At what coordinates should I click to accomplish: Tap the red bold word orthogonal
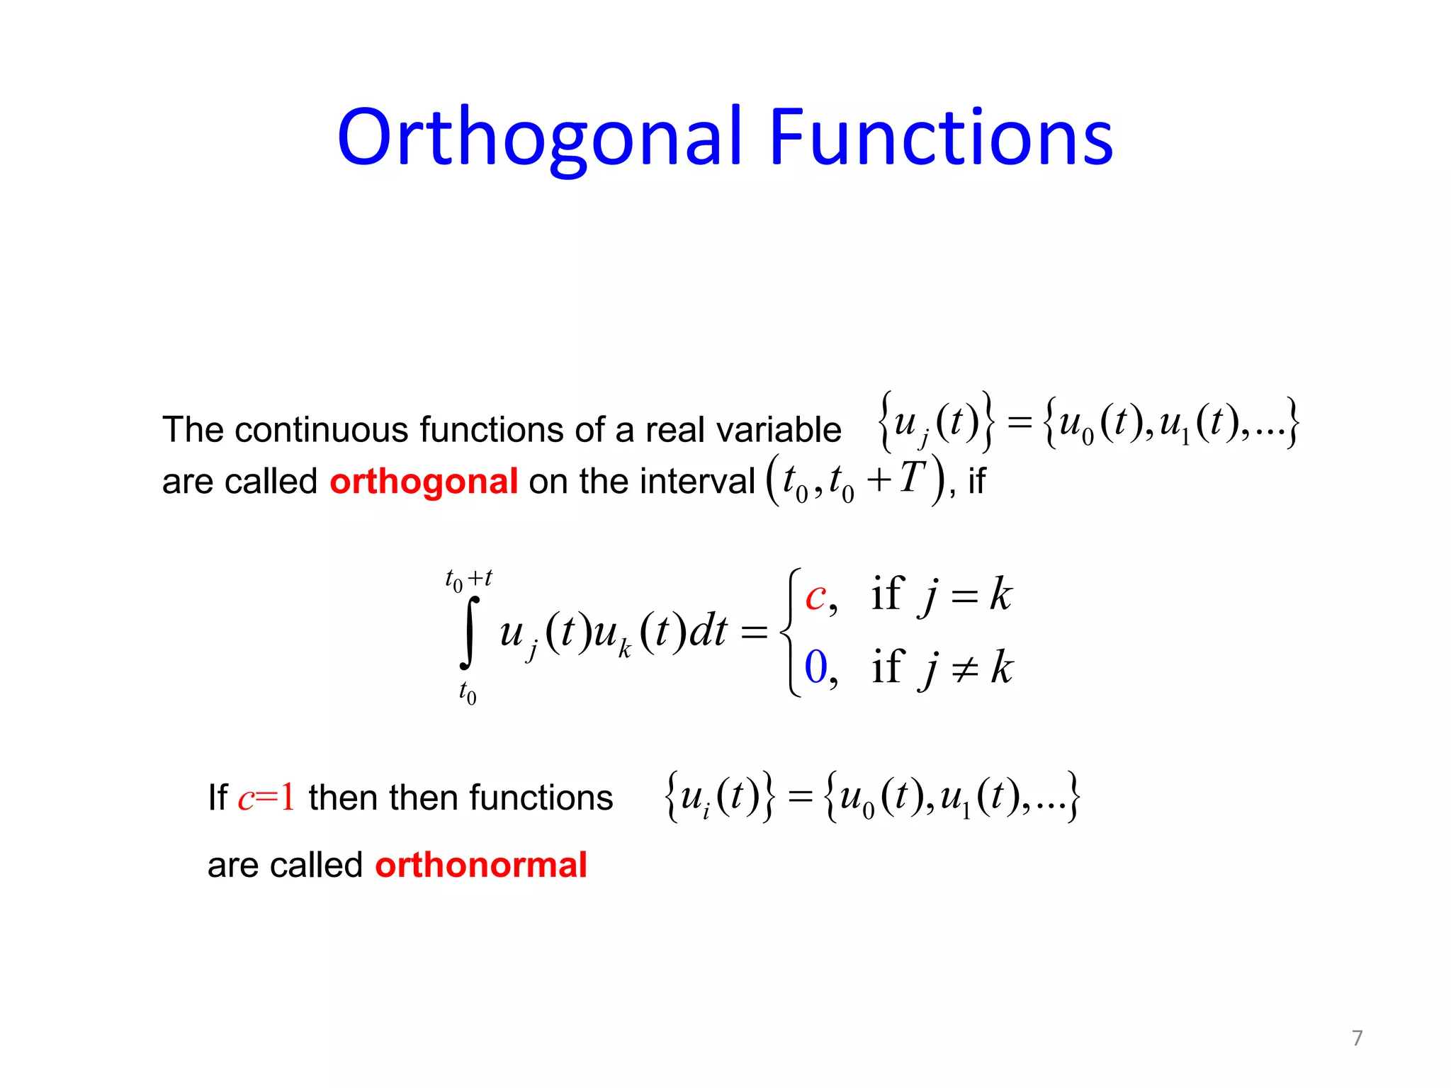(424, 482)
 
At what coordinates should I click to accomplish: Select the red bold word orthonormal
(481, 865)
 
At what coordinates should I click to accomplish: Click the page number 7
(1357, 1038)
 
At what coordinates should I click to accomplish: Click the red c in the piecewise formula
(815, 597)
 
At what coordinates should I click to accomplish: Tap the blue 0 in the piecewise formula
(816, 667)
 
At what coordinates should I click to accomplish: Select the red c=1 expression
(266, 798)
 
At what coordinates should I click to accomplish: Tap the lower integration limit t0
(468, 691)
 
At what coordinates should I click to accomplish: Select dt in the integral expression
(708, 631)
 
